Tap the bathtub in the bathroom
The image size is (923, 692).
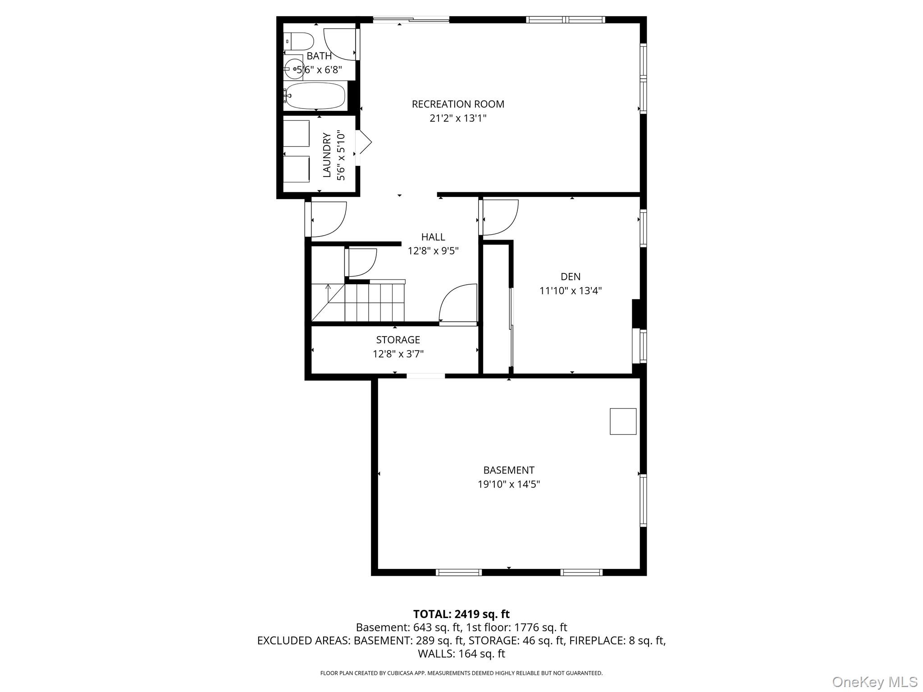[x=315, y=96]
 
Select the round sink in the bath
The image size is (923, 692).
[x=294, y=69]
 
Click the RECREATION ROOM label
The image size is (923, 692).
[x=458, y=104]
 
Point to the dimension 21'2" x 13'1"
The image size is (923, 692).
[x=458, y=118]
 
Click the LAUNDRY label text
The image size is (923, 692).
[x=327, y=155]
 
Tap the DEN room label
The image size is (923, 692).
[x=571, y=277]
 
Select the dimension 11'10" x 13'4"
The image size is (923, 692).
[x=571, y=291]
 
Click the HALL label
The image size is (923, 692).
[x=433, y=237]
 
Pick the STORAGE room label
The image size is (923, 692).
[x=398, y=340]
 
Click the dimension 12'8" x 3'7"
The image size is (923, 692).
[x=398, y=354]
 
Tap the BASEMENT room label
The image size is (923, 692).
[x=509, y=470]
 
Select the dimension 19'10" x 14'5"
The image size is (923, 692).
[x=509, y=485]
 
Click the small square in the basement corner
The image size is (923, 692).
[x=623, y=421]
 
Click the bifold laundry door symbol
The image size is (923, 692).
[x=364, y=143]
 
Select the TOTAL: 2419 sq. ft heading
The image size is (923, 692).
[x=461, y=614]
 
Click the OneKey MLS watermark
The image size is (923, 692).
[x=875, y=682]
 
